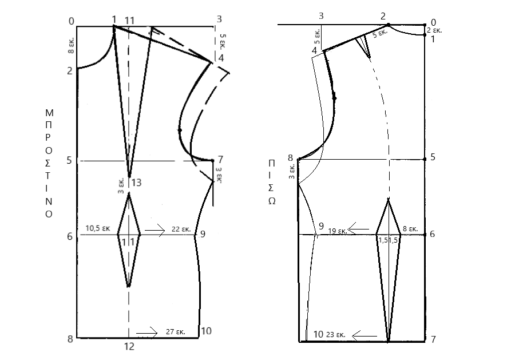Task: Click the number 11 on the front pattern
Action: pyautogui.click(x=130, y=21)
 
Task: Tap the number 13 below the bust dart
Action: pyautogui.click(x=136, y=183)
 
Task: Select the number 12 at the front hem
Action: pyautogui.click(x=129, y=346)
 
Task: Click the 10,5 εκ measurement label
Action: pyautogui.click(x=98, y=228)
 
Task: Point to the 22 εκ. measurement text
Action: pyautogui.click(x=181, y=230)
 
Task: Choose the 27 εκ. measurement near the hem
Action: pyautogui.click(x=176, y=331)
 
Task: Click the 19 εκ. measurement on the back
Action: pyautogui.click(x=338, y=231)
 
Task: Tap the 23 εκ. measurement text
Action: pyautogui.click(x=336, y=335)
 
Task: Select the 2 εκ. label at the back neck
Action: pyautogui.click(x=434, y=30)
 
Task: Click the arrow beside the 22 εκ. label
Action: pyautogui.click(x=155, y=230)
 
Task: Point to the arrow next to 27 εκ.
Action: pyautogui.click(x=147, y=333)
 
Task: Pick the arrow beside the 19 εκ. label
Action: pyautogui.click(x=359, y=229)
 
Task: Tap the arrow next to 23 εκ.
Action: pyautogui.click(x=365, y=337)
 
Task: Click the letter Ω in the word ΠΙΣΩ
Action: pyautogui.click(x=272, y=201)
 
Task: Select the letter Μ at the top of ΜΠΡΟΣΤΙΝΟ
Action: pyautogui.click(x=49, y=113)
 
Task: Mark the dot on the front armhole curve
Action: pyautogui.click(x=180, y=130)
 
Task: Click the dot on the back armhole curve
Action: pyautogui.click(x=335, y=98)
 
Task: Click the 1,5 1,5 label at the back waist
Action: pyautogui.click(x=388, y=240)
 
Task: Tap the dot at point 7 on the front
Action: pyautogui.click(x=212, y=160)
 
